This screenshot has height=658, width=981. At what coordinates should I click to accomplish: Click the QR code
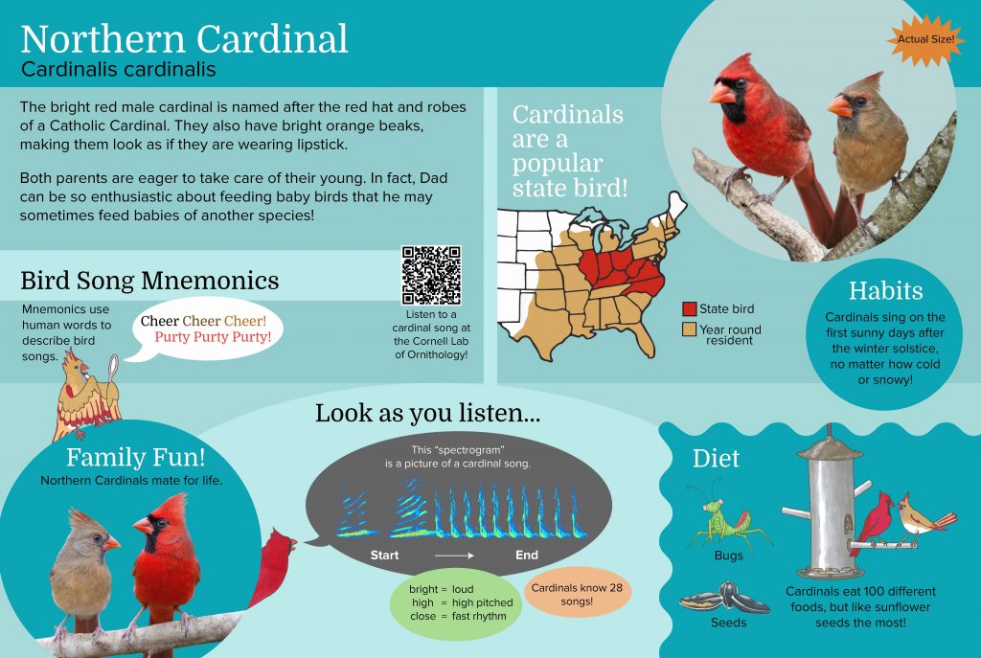[432, 275]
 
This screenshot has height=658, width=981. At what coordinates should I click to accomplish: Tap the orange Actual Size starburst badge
[925, 39]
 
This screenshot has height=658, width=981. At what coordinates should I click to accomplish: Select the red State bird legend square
[690, 309]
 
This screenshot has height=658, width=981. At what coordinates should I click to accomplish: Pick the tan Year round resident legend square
[690, 329]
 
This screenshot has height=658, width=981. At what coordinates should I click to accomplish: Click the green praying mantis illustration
[727, 516]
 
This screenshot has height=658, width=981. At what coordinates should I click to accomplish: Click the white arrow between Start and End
[454, 556]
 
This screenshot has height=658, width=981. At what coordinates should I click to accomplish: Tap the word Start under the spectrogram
[384, 556]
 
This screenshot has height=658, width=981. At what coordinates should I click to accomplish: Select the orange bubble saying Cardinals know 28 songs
[576, 594]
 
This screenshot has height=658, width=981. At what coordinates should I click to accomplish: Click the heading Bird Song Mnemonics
[149, 281]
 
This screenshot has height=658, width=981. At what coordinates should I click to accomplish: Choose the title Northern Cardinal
[184, 38]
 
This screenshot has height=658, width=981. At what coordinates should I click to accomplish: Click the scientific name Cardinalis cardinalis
[118, 69]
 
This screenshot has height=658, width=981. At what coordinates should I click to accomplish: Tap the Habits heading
[885, 291]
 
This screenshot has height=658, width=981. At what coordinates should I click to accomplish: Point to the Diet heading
[716, 459]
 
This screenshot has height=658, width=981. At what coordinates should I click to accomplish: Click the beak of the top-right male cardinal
[721, 94]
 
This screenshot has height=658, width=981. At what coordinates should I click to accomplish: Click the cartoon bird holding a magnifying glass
[85, 394]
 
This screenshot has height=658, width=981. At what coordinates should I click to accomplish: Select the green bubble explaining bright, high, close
[455, 603]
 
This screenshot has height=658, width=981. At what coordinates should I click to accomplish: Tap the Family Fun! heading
[136, 457]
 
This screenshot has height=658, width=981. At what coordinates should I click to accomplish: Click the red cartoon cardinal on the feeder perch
[874, 522]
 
